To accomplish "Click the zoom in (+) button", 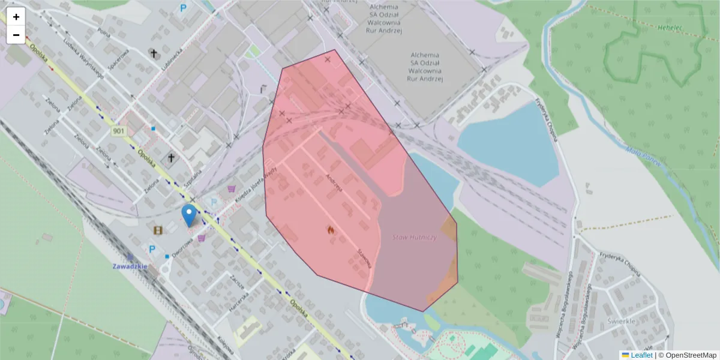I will (x=16, y=17).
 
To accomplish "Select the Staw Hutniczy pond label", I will (x=415, y=238).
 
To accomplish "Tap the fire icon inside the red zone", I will (x=329, y=229).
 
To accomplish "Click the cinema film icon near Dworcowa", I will (x=158, y=230).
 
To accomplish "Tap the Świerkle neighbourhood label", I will (x=638, y=320).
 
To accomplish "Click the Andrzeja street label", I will (x=334, y=182).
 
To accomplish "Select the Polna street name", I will (x=103, y=31).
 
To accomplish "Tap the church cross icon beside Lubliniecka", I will (x=154, y=54).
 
